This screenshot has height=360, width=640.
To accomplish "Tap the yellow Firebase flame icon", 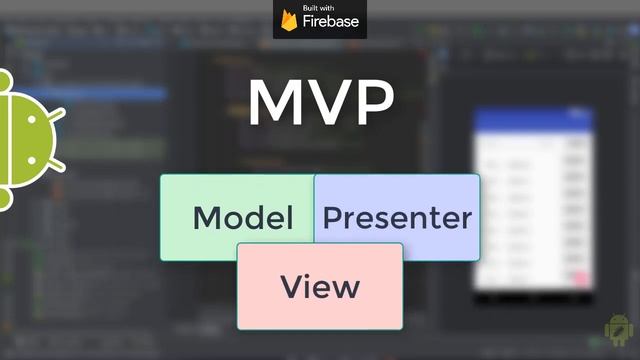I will (289, 20).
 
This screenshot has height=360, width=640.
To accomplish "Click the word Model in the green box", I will (243, 218).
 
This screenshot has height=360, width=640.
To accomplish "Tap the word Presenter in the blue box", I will (397, 218).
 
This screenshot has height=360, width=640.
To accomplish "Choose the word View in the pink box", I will (320, 287).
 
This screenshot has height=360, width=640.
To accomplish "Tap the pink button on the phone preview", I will (577, 275).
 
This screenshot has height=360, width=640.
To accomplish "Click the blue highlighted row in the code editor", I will (100, 94).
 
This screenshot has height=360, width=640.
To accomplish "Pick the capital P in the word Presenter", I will (333, 218).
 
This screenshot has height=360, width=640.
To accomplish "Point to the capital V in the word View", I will (292, 287).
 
